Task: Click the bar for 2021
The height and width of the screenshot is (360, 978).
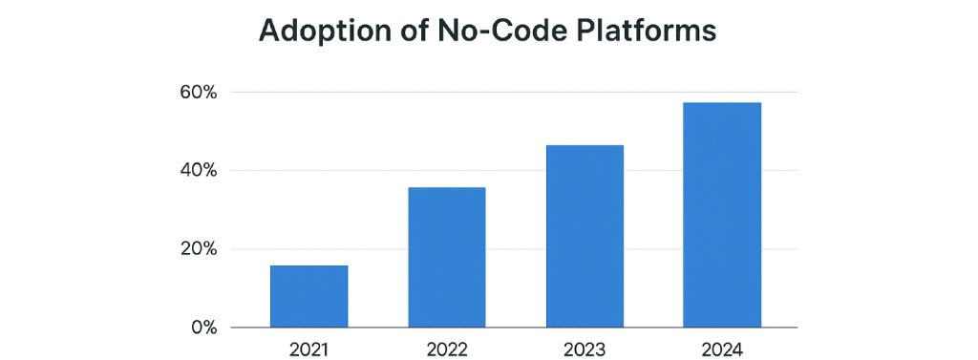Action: [308, 296]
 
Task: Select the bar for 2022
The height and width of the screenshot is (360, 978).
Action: [446, 257]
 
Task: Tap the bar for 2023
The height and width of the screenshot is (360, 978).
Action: [585, 236]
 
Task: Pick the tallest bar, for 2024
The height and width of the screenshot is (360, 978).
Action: [722, 215]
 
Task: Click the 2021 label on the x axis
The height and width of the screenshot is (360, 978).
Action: [308, 349]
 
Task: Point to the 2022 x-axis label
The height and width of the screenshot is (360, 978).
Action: [446, 349]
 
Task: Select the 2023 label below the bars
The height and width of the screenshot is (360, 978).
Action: [585, 349]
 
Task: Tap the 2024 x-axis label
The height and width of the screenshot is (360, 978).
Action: [722, 349]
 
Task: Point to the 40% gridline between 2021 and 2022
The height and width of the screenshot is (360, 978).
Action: [378, 171]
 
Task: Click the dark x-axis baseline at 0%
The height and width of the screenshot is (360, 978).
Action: [516, 328]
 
